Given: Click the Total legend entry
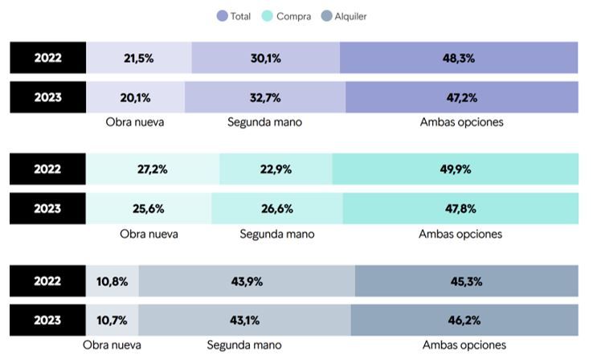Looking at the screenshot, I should (x=234, y=16).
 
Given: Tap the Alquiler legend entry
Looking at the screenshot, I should (x=343, y=16).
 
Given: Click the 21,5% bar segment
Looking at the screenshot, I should (x=139, y=58).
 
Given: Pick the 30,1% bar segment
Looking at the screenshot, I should (x=265, y=58).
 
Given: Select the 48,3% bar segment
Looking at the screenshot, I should (x=458, y=58).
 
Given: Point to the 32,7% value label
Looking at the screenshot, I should (x=265, y=97).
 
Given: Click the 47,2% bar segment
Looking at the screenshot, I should (x=461, y=97).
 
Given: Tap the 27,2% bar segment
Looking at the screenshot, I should (x=153, y=170).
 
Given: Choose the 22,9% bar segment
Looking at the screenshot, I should (x=276, y=170).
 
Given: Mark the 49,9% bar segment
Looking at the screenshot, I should (x=455, y=170).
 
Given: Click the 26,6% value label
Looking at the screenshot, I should (x=277, y=209).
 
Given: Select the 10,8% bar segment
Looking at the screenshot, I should (x=112, y=281).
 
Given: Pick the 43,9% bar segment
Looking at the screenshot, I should (x=247, y=281).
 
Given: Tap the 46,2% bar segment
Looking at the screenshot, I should (x=464, y=321).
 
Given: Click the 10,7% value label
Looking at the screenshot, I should (x=112, y=321).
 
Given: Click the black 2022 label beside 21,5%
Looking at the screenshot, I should (x=47, y=58).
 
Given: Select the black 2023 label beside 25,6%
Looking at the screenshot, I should (x=47, y=209).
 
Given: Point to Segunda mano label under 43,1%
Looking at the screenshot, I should (x=244, y=345).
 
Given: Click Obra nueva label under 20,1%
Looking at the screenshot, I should (x=135, y=122).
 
